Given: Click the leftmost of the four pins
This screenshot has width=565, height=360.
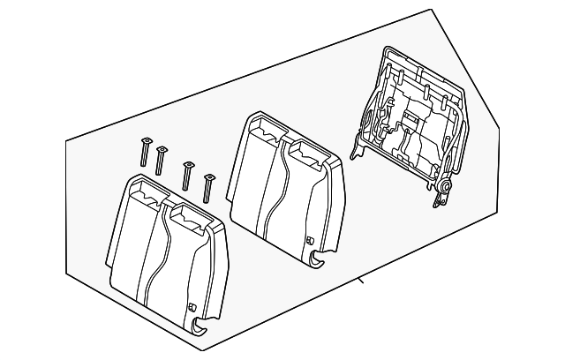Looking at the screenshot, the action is point(144,151).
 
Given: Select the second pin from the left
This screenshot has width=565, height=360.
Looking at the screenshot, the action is point(161,160).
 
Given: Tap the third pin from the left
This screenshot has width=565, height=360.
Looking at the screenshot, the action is point(187,174).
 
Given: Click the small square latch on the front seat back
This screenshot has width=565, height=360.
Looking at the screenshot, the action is point(192,306).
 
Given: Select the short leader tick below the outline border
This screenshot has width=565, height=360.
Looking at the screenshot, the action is point(360,282).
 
